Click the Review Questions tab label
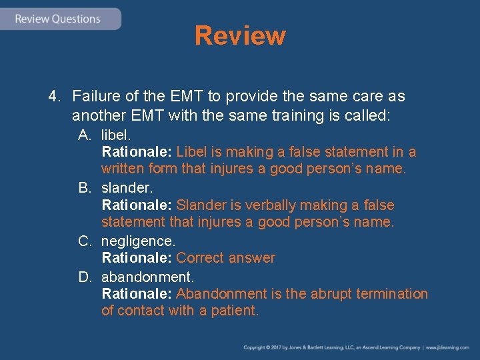[57, 19]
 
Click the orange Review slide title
[240, 35]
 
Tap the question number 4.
[53, 97]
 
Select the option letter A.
[84, 135]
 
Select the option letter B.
[84, 188]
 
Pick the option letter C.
[84, 241]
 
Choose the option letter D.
[84, 276]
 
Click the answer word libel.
[116, 135]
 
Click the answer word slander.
[127, 188]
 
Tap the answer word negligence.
[138, 241]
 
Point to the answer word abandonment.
[147, 276]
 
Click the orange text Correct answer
[225, 258]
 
